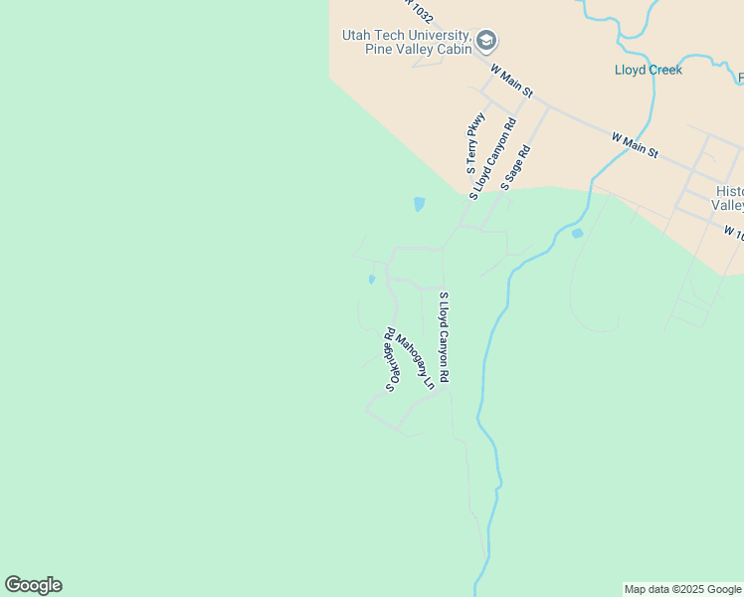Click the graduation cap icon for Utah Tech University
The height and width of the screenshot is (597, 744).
486,41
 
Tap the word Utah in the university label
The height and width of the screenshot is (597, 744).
356,34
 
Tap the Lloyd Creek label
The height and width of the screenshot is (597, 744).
648,70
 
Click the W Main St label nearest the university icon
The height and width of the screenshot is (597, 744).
512,81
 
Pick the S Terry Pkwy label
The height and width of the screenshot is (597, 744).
475,142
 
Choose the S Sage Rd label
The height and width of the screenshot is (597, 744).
517,168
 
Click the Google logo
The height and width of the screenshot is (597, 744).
34,585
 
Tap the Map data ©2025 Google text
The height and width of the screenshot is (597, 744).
682,589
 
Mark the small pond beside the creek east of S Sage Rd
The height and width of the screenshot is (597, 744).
577,234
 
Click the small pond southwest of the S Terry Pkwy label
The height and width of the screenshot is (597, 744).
419,205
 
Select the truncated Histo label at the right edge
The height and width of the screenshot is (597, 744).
729,191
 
